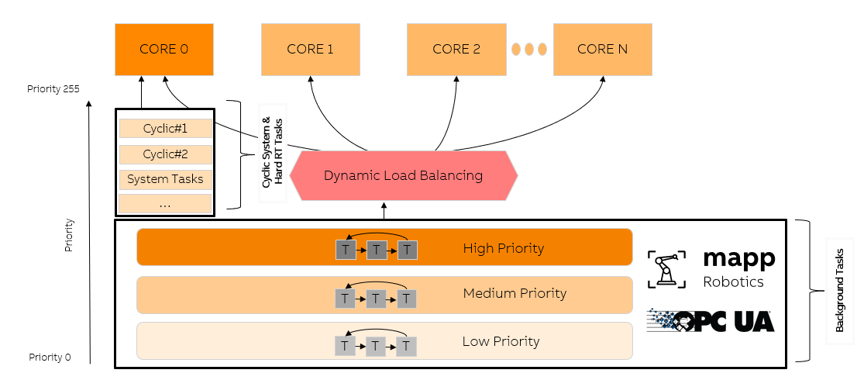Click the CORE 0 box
pos(164,49)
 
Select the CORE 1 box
pos(310,49)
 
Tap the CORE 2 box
pos(456,49)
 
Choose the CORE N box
pos(602,49)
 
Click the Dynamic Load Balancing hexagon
pos(403,175)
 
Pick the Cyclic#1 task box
pos(165,128)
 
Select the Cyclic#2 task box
pos(165,154)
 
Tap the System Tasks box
pos(165,179)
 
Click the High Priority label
pos(503,248)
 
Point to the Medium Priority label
pos(515,293)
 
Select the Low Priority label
pos(501,341)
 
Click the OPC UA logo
pos(711,320)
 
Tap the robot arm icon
pos(666,268)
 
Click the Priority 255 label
pos(53,89)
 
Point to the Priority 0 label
pos(50,357)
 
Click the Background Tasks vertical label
pos(839,291)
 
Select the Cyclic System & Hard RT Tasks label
pos(272,152)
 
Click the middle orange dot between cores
pos(530,49)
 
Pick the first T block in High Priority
pos(346,250)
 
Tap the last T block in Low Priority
pos(407,346)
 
